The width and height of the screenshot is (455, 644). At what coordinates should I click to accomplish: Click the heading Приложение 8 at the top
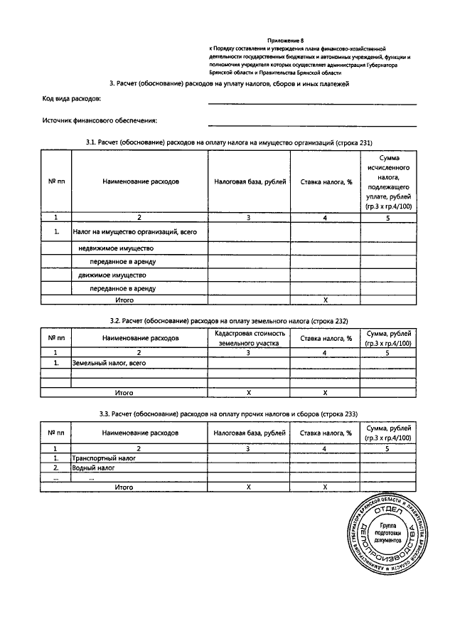click(285, 42)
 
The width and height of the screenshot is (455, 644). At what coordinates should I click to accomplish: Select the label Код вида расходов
click(72, 97)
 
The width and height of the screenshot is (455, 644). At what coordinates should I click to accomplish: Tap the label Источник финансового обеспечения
click(100, 120)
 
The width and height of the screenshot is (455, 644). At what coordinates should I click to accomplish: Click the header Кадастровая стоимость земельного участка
click(249, 338)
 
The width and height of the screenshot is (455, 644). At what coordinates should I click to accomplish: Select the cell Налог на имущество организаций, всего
click(134, 232)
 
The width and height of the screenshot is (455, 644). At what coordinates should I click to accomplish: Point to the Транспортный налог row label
click(104, 459)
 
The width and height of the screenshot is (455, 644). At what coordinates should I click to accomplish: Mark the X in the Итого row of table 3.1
click(325, 300)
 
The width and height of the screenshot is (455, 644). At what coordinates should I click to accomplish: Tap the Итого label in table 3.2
click(124, 392)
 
